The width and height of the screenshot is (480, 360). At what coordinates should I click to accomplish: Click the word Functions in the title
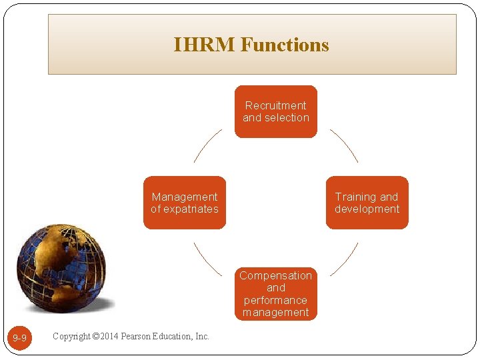(x=285, y=45)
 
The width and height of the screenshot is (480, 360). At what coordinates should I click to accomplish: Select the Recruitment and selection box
(x=276, y=111)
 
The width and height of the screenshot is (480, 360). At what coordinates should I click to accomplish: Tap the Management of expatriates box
(x=185, y=203)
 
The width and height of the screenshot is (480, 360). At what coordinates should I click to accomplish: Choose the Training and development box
(x=367, y=203)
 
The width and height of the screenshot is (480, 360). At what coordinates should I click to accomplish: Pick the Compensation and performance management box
(x=276, y=293)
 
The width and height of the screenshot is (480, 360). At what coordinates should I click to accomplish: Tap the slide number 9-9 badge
(x=20, y=338)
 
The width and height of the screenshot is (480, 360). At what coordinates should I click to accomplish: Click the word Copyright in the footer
(x=71, y=336)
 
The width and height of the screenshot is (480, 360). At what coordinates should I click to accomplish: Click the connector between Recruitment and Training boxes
(x=344, y=145)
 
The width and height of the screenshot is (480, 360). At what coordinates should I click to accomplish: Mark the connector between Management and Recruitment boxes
(x=208, y=145)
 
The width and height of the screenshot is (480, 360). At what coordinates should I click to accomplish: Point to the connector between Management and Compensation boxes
(x=207, y=259)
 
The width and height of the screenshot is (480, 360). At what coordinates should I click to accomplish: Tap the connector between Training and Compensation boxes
(x=344, y=259)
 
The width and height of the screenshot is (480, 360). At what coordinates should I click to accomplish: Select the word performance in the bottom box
(x=276, y=300)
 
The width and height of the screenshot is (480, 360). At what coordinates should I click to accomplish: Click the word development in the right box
(x=367, y=209)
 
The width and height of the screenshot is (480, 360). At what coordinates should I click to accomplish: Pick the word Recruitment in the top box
(x=276, y=105)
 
